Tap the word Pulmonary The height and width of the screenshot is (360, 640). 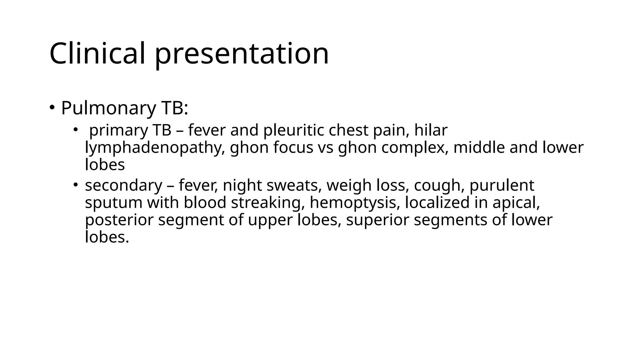[108, 108]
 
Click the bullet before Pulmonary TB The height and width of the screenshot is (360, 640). [52, 107]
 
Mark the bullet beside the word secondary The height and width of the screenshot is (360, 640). [76, 184]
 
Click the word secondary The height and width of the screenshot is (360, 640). [123, 185]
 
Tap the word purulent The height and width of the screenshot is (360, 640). [502, 185]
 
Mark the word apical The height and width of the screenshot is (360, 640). [516, 202]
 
